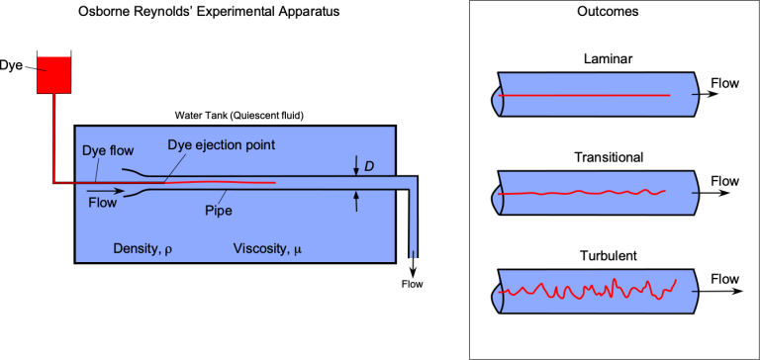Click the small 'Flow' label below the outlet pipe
pos(412,285)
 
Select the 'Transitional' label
pos(609,157)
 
